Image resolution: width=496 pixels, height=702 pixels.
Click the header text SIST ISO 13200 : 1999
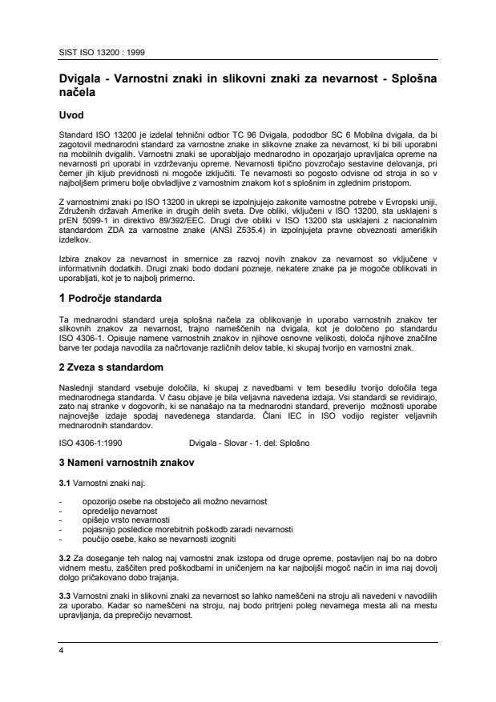point(98,54)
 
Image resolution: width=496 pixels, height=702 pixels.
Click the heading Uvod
point(75,114)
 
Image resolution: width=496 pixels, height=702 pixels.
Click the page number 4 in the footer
point(63,651)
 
